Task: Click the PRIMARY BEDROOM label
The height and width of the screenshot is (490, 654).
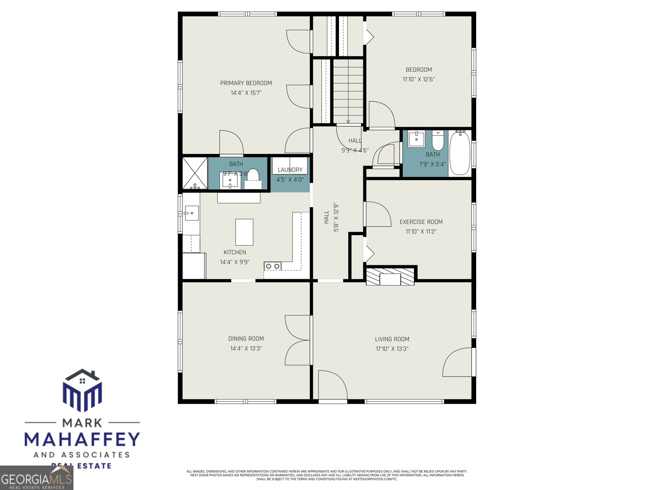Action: tap(246, 83)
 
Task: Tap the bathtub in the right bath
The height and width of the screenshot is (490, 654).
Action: tap(460, 153)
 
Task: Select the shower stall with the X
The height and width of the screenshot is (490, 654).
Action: tap(195, 173)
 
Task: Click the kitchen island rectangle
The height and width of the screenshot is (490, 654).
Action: tap(244, 232)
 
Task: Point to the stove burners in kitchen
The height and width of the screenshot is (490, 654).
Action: tap(273, 266)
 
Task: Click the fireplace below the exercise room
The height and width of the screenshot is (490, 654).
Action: tap(390, 277)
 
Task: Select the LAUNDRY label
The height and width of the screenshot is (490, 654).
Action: tap(290, 170)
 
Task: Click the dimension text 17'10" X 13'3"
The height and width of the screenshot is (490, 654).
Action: tap(392, 349)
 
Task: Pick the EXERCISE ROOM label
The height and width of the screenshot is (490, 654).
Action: tap(421, 222)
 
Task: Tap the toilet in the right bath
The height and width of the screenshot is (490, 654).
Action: tap(438, 141)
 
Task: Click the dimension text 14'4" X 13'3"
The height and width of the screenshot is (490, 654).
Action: tap(246, 348)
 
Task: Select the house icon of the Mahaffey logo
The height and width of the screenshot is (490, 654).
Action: tap(83, 390)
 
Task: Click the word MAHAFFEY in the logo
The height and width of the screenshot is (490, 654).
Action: tap(82, 439)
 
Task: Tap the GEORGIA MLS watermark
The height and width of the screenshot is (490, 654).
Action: tap(36, 478)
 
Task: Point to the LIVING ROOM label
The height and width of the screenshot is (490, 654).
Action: tap(392, 339)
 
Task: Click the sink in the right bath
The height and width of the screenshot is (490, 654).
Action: tap(417, 139)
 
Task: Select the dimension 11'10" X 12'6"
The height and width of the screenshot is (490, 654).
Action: tap(419, 79)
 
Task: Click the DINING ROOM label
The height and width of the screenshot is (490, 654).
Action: tap(246, 339)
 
